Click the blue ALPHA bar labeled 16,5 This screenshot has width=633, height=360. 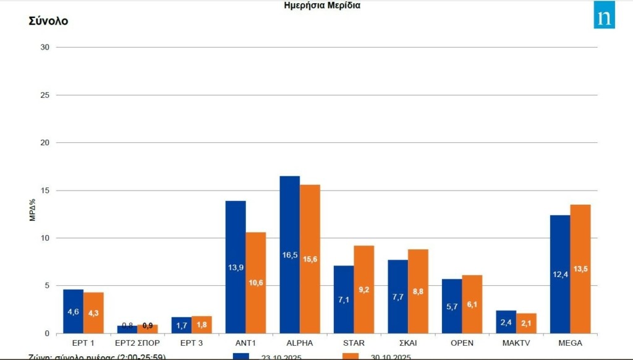(x=289, y=255)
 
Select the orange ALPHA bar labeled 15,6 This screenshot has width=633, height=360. (x=310, y=259)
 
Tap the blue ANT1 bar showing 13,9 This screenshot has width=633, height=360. (x=236, y=267)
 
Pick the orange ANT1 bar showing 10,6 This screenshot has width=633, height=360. (x=256, y=283)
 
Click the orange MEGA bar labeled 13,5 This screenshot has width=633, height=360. (x=580, y=269)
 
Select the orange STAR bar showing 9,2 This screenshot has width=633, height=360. (x=364, y=289)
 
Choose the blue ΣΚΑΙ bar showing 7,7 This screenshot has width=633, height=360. (x=397, y=296)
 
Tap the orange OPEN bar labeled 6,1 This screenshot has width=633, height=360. (x=472, y=304)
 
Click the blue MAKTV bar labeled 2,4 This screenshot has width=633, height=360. (x=506, y=322)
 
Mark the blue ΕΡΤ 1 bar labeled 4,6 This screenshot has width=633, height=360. (x=73, y=311)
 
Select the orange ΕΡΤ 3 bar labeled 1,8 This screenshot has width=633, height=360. (x=202, y=325)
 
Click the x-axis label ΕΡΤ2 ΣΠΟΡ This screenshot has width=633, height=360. (x=137, y=342)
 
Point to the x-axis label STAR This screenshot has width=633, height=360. (x=354, y=342)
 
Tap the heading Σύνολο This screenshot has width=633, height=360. (x=48, y=21)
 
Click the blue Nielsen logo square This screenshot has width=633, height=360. (x=604, y=15)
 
